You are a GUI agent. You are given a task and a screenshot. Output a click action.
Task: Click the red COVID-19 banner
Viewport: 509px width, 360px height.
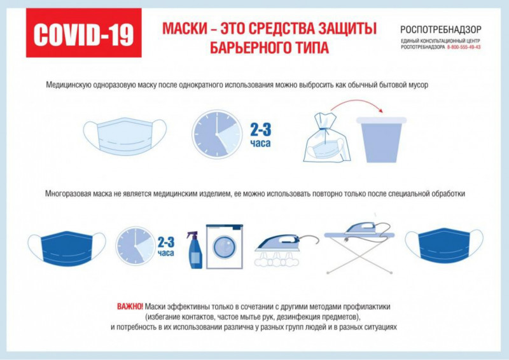84,33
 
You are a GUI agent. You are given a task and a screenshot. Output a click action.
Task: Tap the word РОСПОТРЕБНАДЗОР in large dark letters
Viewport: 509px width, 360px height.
440,29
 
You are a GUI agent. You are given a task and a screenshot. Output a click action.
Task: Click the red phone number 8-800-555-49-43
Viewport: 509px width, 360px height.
464,47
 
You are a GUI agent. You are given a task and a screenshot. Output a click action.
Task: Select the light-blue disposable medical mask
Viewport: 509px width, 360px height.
125,135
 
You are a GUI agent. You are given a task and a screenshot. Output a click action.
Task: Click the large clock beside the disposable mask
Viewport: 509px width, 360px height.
217,134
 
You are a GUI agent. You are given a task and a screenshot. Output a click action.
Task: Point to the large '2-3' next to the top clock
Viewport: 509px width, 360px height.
260,130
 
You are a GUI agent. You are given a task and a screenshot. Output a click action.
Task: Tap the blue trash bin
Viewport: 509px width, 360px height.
382,139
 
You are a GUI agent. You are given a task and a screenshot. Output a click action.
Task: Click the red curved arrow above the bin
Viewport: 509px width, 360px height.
356,102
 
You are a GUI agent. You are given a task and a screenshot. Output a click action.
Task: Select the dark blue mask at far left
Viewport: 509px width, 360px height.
67,248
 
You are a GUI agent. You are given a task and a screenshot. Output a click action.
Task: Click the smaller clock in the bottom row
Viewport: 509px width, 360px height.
136,246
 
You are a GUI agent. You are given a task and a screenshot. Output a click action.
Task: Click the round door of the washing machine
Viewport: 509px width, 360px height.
225,247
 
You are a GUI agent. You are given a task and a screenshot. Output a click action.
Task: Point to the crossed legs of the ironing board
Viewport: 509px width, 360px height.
360,255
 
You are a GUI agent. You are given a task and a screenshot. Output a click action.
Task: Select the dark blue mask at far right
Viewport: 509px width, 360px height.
444,246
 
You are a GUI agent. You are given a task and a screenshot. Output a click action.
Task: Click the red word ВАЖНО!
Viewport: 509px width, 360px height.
130,307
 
